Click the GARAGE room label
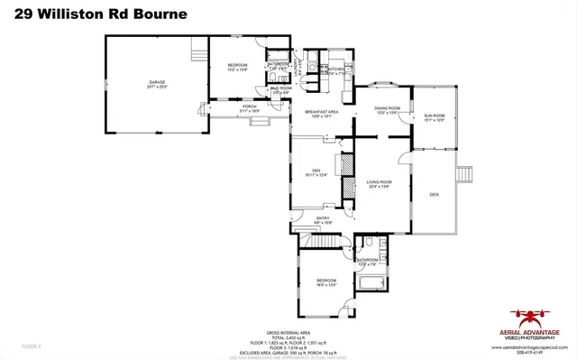point(157,82)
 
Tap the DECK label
point(434,195)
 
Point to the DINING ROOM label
point(387,109)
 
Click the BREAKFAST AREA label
point(321,112)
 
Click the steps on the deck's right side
point(465,174)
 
